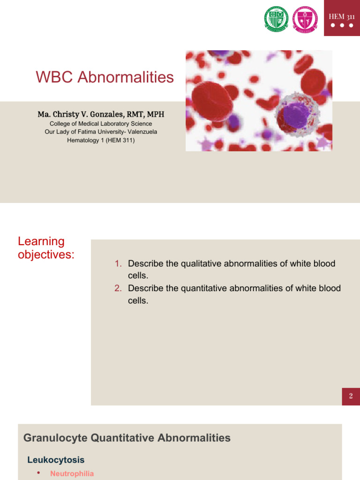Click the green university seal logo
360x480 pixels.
click(x=277, y=19)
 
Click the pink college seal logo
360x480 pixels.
click(x=305, y=19)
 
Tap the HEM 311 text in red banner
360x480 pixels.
click(x=342, y=16)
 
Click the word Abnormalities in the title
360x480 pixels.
click(x=126, y=77)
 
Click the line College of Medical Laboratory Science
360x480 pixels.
click(x=101, y=124)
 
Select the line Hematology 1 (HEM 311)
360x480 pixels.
click(x=101, y=140)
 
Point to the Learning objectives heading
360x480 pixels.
click(x=46, y=248)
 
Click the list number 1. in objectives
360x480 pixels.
click(x=119, y=263)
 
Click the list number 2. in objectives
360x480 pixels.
click(x=119, y=288)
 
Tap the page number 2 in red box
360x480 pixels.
click(x=351, y=396)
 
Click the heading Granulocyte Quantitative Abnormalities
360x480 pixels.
click(x=127, y=438)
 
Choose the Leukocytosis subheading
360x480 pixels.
click(x=56, y=460)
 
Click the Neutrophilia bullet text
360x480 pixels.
click(x=72, y=473)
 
